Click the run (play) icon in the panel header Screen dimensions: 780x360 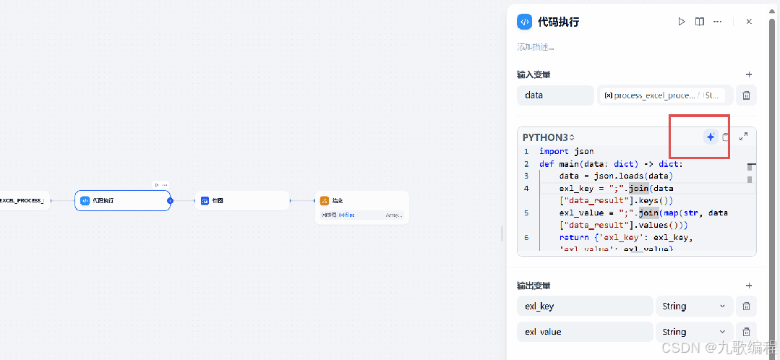click(681, 22)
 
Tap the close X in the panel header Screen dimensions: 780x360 click(749, 22)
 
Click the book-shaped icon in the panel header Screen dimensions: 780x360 click(700, 22)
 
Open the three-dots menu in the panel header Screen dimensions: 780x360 click(717, 22)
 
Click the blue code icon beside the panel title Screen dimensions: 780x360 click(524, 22)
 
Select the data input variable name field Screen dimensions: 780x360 click(555, 95)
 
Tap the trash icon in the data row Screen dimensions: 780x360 click(747, 95)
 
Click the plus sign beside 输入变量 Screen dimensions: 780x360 click(749, 74)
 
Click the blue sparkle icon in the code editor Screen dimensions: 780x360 click(711, 137)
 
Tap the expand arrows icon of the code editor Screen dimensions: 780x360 click(743, 136)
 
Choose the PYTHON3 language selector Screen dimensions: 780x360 click(548, 137)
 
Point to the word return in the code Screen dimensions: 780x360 click(573, 237)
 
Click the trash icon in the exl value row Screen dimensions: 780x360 click(747, 332)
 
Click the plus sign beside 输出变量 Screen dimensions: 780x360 click(749, 286)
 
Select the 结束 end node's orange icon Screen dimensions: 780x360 click(325, 200)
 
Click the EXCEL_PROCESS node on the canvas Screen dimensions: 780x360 click(22, 200)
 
